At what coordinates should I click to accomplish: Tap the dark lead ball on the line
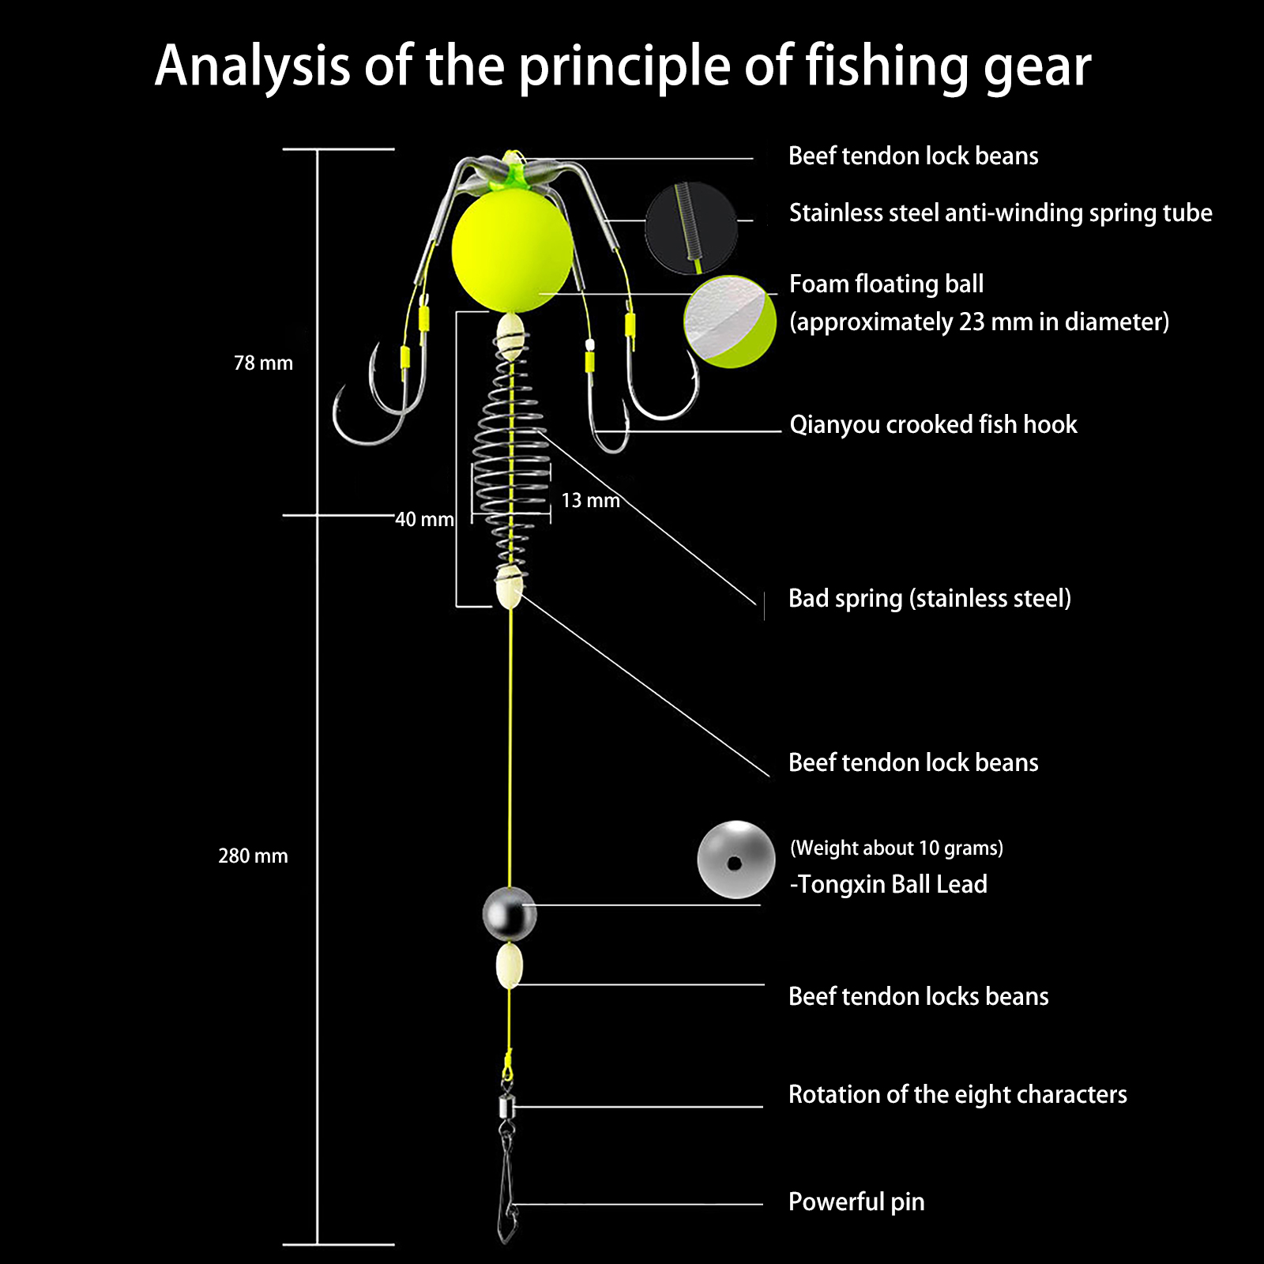tap(510, 914)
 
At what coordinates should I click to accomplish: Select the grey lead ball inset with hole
tap(735, 860)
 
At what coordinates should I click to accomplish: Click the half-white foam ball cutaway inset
tap(729, 322)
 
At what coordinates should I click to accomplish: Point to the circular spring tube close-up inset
tap(691, 228)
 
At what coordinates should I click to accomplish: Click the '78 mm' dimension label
tap(263, 363)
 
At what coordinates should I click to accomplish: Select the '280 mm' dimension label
tap(253, 856)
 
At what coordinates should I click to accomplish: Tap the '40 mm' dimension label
tap(424, 520)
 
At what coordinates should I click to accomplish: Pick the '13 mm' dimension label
tap(590, 501)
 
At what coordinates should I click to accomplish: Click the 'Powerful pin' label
tap(856, 1202)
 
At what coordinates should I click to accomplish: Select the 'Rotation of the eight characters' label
tap(957, 1094)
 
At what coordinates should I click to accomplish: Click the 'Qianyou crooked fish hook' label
tap(933, 424)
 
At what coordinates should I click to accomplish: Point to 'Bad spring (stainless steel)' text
tap(930, 598)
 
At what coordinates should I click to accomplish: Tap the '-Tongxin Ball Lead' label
tap(889, 884)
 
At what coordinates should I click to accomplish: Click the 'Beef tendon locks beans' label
tap(918, 996)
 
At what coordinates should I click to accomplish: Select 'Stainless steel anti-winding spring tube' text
tap(1000, 213)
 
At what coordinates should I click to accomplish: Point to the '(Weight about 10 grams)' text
tap(897, 848)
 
